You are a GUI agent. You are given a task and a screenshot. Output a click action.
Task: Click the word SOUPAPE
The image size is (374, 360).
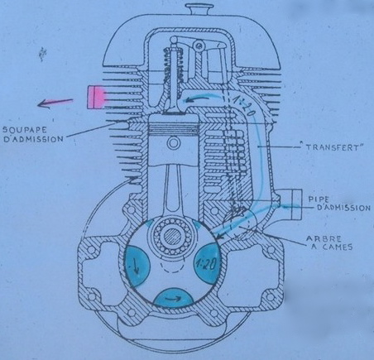click(25, 129)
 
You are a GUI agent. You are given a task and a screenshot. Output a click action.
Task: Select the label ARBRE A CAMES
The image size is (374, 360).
click(329, 242)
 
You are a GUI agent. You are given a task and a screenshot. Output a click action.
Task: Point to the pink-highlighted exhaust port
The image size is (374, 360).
click(96, 97)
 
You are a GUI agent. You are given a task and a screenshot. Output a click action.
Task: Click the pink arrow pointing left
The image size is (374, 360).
click(55, 103)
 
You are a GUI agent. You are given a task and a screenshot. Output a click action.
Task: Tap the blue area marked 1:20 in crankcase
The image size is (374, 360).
click(207, 262)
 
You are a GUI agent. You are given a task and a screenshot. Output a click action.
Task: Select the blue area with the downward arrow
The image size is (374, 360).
click(137, 265)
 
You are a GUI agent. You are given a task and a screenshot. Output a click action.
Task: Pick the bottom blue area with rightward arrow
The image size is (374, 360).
click(173, 298)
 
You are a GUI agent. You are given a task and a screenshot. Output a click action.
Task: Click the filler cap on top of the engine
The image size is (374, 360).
click(197, 10)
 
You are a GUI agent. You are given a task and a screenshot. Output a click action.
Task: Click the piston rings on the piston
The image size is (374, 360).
click(173, 129)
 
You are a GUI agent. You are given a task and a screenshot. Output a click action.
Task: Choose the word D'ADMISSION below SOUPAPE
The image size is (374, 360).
click(33, 138)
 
